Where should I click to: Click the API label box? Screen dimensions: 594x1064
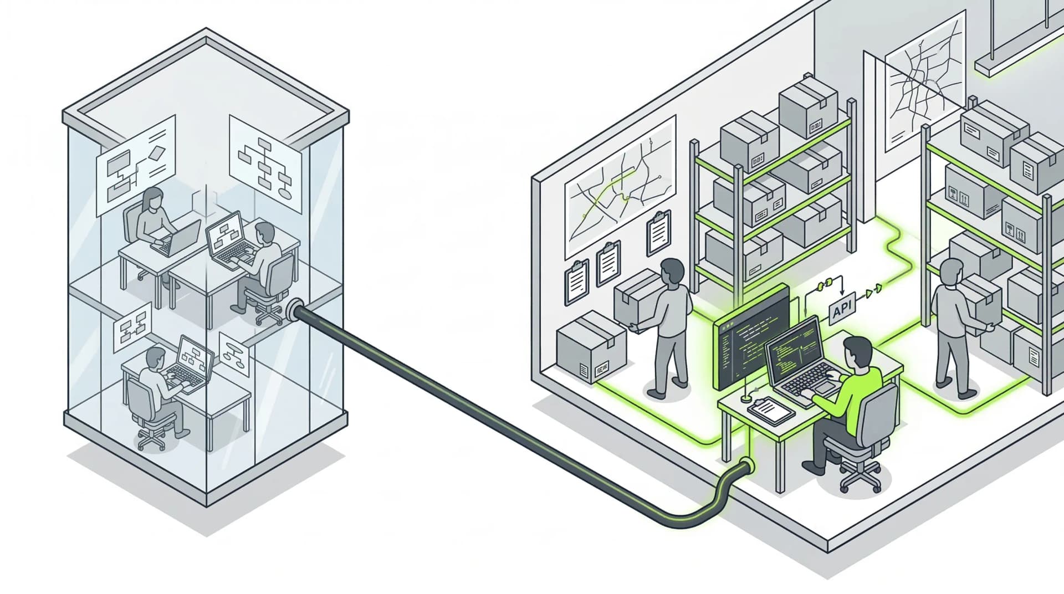[842, 310]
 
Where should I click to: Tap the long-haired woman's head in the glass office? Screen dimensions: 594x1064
[152, 198]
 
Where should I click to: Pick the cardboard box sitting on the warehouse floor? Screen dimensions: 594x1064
[591, 346]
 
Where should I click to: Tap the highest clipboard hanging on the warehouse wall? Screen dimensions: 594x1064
[658, 233]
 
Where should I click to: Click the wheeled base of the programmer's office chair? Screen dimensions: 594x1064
[861, 477]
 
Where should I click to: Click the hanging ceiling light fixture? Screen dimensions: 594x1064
[1020, 55]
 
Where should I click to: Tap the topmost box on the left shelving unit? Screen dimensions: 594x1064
[807, 108]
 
